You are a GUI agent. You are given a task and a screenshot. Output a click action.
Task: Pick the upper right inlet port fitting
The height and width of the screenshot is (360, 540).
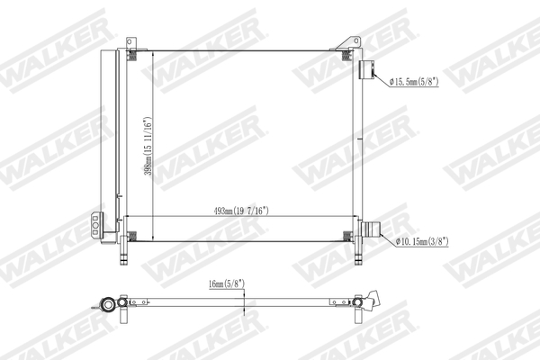[367, 71]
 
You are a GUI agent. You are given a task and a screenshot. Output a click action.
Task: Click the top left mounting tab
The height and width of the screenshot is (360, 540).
[131, 42]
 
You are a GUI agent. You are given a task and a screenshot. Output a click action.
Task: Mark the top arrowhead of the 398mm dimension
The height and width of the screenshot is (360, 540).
[153, 52]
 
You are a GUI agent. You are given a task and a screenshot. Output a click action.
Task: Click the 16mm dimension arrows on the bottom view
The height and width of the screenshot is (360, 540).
[245, 301]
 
